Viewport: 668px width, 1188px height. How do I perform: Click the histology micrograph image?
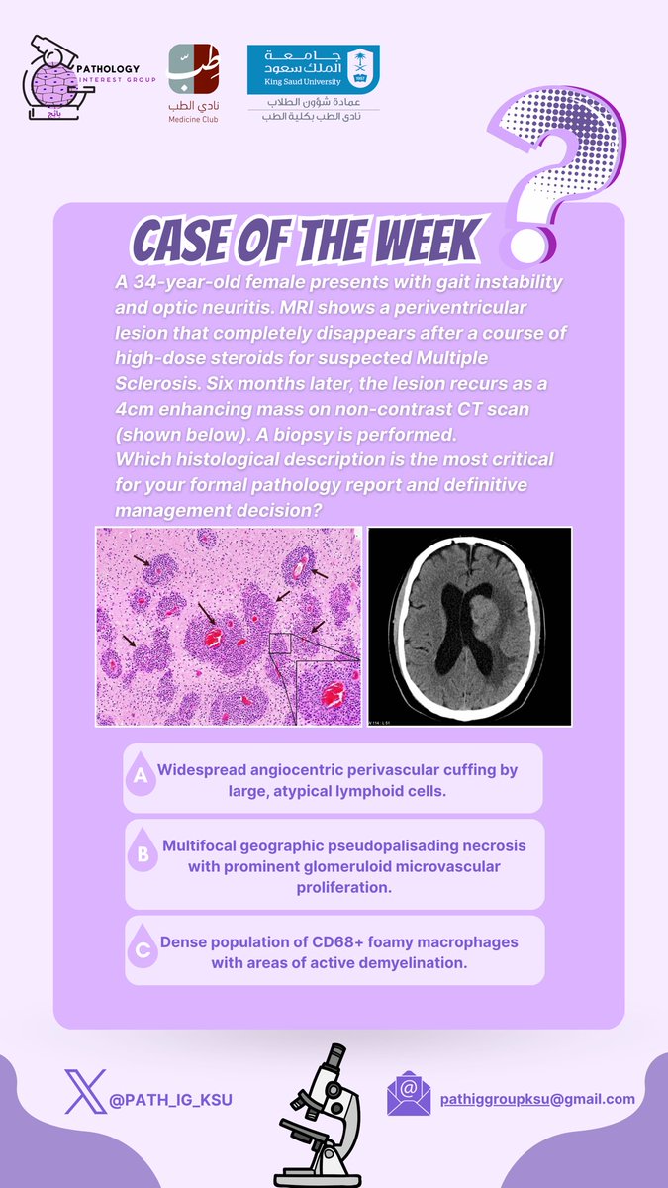[228, 627]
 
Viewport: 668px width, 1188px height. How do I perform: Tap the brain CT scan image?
[469, 627]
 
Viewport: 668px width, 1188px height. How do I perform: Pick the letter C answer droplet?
[143, 950]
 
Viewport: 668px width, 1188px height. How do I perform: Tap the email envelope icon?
[408, 1095]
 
